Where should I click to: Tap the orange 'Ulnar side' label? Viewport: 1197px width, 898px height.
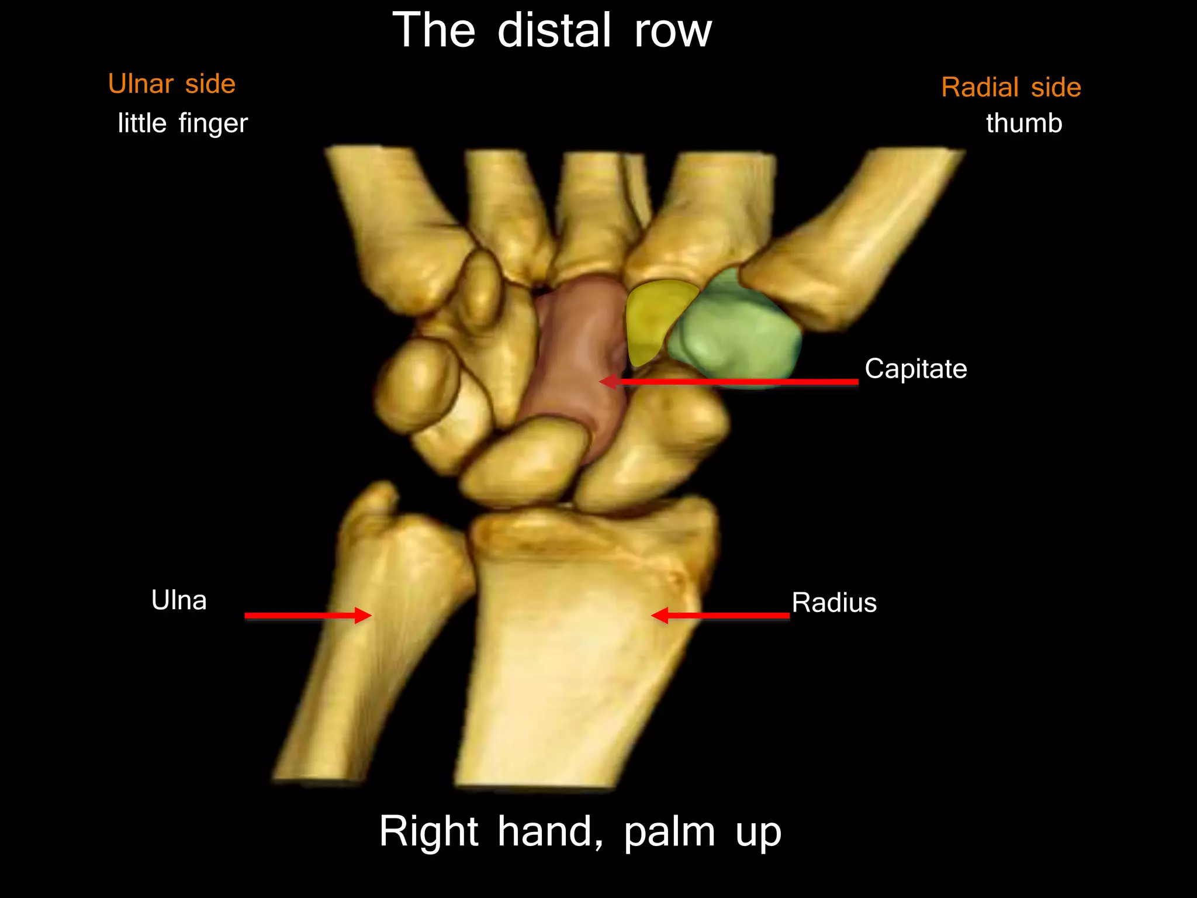click(172, 84)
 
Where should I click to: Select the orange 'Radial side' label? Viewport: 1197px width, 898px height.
click(1011, 88)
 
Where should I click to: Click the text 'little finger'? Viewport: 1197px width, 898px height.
click(183, 123)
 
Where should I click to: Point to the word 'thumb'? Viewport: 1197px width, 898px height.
click(1024, 123)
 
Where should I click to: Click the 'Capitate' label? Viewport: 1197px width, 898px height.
click(915, 369)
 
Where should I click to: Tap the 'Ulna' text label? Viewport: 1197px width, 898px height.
click(179, 600)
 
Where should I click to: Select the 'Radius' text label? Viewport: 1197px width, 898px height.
click(834, 603)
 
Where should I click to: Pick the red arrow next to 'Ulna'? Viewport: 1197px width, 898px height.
click(307, 616)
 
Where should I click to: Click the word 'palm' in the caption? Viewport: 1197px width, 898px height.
click(669, 831)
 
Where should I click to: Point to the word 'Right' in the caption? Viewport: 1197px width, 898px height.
click(429, 831)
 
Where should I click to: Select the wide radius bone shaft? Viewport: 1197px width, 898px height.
click(573, 661)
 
